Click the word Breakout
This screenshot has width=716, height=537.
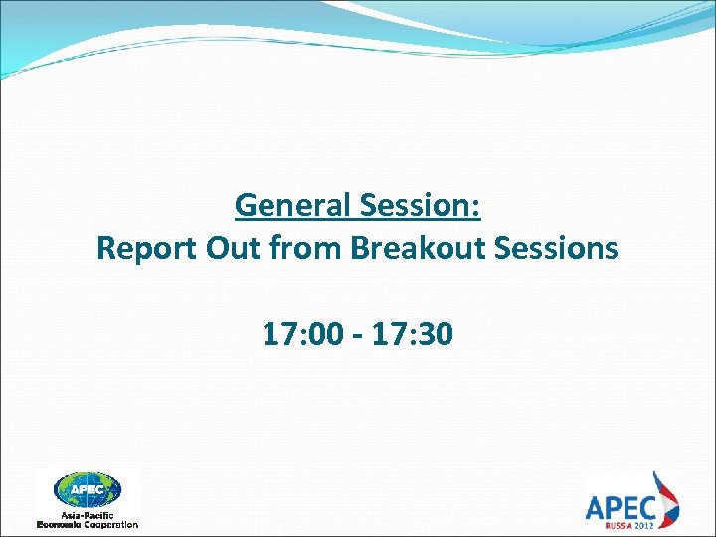coord(408,248)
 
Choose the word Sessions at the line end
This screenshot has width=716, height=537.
coord(556,248)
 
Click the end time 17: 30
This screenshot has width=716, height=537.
coord(414,334)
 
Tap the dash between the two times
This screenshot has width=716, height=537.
coord(355,336)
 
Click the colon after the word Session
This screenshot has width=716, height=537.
coord(476,208)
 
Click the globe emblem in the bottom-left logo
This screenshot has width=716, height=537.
coord(88,489)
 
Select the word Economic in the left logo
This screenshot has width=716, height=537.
coord(61,523)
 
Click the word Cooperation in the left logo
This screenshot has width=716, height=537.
coord(112,523)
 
